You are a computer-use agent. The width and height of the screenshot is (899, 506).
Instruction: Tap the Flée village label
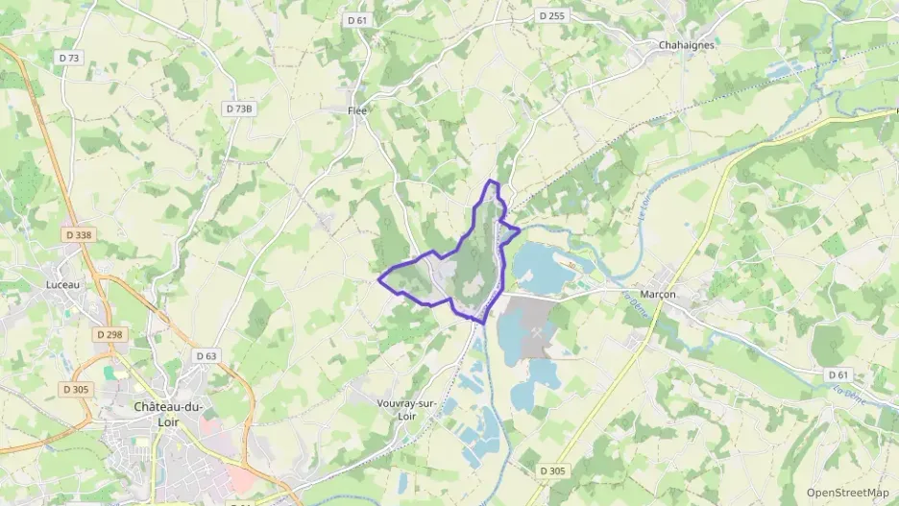(x=357, y=110)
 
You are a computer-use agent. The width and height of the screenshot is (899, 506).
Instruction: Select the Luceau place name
(x=63, y=284)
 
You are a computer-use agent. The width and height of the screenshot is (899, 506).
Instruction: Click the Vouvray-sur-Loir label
(x=406, y=410)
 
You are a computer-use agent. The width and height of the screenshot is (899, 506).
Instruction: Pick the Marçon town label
(x=658, y=294)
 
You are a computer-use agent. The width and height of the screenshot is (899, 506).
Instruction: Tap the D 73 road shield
(x=69, y=58)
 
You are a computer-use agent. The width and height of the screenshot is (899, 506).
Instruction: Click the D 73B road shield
(x=239, y=108)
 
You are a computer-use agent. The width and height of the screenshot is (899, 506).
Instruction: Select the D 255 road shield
(x=551, y=15)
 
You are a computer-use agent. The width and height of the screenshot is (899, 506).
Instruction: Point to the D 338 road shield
(x=80, y=234)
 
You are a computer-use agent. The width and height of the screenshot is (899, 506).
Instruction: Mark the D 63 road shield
(x=207, y=355)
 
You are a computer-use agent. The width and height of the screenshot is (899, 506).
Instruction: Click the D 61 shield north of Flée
(x=357, y=19)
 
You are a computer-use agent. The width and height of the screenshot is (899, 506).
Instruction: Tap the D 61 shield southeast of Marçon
(x=838, y=374)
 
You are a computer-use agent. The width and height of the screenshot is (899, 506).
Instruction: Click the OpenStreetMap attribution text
(x=847, y=493)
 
